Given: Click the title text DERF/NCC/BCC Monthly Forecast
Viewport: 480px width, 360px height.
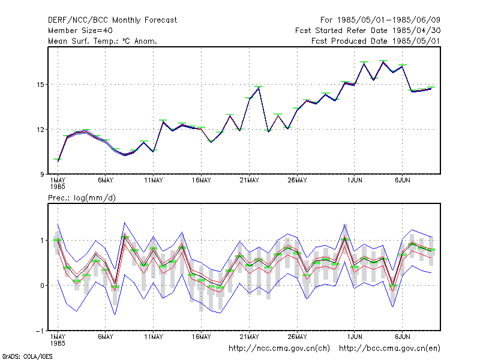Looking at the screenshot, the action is pyautogui.click(x=112, y=20).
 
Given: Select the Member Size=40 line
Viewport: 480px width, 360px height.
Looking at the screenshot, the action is pyautogui.click(x=80, y=31).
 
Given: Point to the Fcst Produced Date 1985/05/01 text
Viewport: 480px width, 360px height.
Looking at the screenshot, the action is pyautogui.click(x=376, y=41).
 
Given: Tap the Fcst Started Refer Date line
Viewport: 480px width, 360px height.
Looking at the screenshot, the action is pyautogui.click(x=368, y=31).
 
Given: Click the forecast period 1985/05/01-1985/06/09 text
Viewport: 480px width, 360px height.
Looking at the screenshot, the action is pyautogui.click(x=380, y=20).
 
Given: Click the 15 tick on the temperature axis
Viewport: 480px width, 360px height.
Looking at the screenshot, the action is pyautogui.click(x=40, y=85).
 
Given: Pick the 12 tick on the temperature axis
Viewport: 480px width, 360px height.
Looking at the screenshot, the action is pyautogui.click(x=40, y=130).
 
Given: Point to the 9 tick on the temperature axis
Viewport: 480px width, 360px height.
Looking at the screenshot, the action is pyautogui.click(x=42, y=175).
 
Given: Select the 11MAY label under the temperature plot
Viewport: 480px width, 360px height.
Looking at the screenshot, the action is pyautogui.click(x=154, y=181).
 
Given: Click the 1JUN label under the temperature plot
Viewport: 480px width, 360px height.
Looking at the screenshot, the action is pyautogui.click(x=355, y=181).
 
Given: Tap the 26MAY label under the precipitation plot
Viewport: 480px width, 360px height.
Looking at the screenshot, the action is pyautogui.click(x=297, y=337).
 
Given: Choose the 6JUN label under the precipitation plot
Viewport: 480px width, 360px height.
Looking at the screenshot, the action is pyautogui.click(x=402, y=337).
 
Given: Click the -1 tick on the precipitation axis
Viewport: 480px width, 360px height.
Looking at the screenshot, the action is pyautogui.click(x=40, y=331).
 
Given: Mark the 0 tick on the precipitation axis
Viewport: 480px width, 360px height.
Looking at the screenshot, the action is pyautogui.click(x=42, y=286).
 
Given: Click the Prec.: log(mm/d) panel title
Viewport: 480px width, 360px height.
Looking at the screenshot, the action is pyautogui.click(x=82, y=198).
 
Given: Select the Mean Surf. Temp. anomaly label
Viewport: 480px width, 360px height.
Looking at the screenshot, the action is pyautogui.click(x=102, y=41).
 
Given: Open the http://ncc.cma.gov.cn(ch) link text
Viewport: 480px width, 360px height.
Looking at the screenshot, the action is pyautogui.click(x=279, y=349).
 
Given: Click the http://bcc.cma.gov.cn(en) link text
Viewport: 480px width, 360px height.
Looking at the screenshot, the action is pyautogui.click(x=389, y=349).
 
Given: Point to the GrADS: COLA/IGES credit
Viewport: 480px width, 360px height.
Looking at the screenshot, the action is pyautogui.click(x=27, y=356).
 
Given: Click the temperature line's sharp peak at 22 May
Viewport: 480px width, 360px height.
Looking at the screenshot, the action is pyautogui.click(x=259, y=88).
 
